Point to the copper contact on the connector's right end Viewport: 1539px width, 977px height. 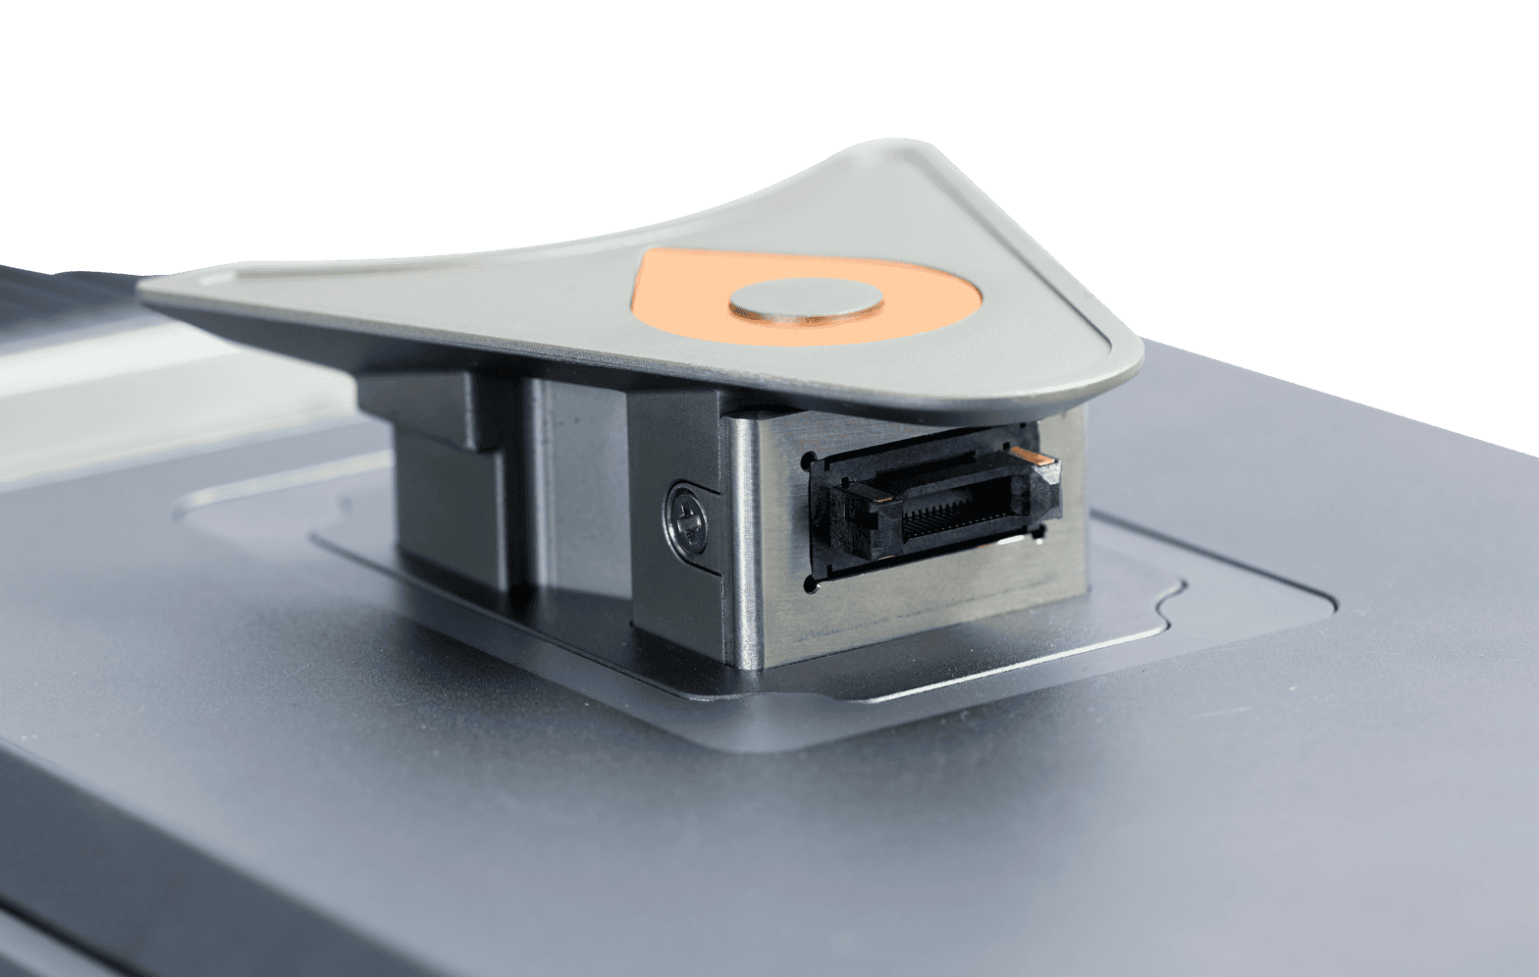click(x=1033, y=457)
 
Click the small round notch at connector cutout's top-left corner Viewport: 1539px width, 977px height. click(x=808, y=459)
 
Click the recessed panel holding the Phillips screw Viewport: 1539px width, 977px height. click(x=677, y=550)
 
